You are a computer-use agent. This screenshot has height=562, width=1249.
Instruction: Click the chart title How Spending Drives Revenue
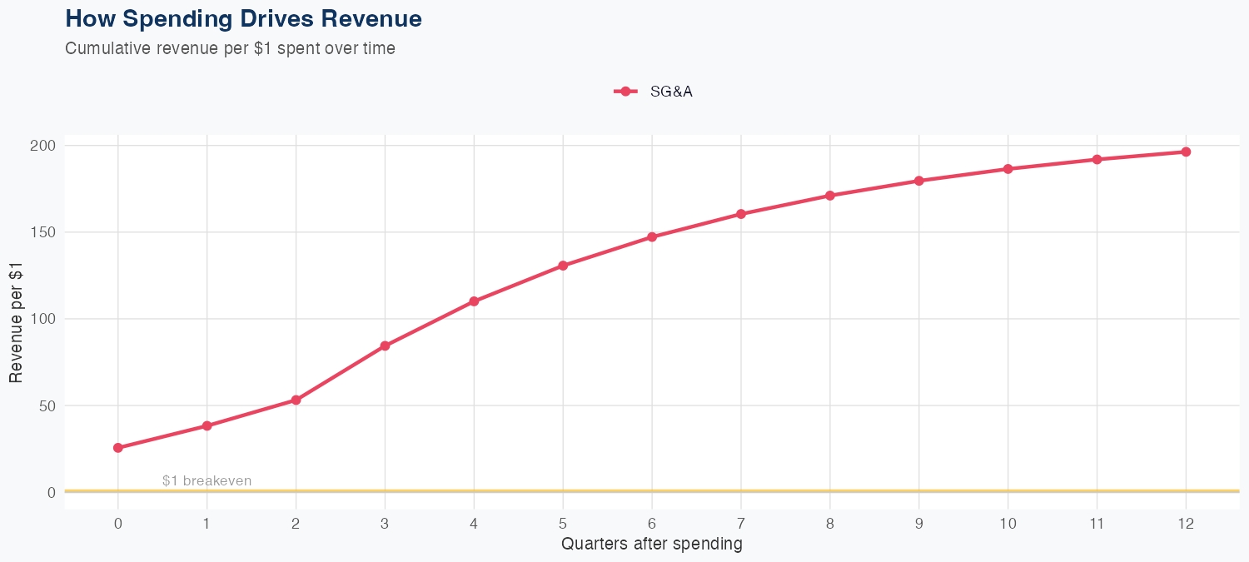(x=243, y=18)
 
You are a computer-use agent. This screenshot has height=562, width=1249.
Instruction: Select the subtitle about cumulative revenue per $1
(x=230, y=48)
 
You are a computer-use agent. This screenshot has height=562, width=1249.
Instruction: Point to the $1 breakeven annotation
(x=207, y=480)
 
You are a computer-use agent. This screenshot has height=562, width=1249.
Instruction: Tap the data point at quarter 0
(x=118, y=448)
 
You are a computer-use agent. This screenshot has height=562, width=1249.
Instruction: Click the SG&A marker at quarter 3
(x=385, y=346)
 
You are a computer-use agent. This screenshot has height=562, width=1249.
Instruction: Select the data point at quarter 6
(x=652, y=237)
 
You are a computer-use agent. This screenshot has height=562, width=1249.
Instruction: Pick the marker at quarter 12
(x=1186, y=152)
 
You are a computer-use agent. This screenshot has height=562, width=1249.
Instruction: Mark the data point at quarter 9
(x=919, y=181)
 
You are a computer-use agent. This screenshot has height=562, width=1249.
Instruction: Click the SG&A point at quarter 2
(x=296, y=400)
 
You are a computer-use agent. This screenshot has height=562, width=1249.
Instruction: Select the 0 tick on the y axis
(x=52, y=492)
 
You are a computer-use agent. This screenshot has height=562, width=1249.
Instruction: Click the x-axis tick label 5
(x=563, y=524)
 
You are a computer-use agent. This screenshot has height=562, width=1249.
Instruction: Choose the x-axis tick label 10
(x=1008, y=524)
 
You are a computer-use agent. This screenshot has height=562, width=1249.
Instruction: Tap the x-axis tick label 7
(x=741, y=524)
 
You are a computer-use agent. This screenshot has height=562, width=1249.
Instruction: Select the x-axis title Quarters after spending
(x=652, y=545)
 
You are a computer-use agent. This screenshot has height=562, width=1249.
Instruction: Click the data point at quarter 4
(x=474, y=301)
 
